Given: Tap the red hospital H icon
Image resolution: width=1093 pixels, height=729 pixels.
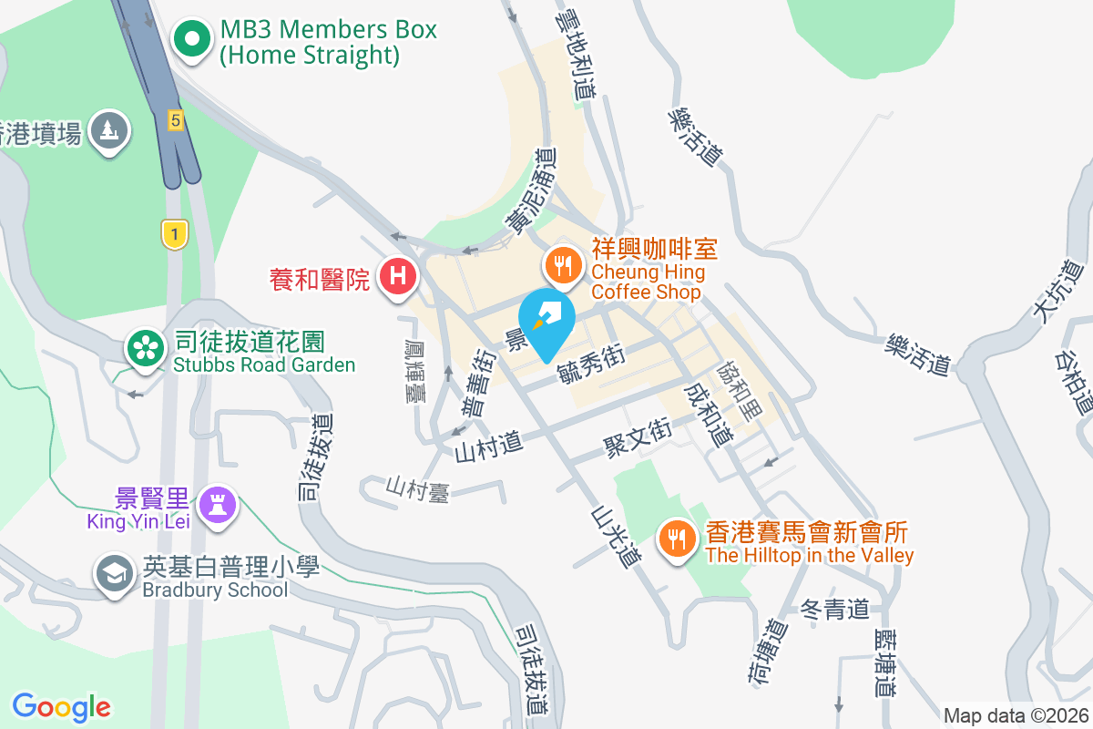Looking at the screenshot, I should pyautogui.click(x=398, y=275).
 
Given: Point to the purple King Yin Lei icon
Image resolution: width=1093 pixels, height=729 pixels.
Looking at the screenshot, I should pyautogui.click(x=218, y=503).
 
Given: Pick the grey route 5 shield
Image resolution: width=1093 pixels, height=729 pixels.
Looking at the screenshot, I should pyautogui.click(x=176, y=118).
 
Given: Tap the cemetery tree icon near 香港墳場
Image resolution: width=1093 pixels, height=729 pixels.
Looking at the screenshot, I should pyautogui.click(x=109, y=130).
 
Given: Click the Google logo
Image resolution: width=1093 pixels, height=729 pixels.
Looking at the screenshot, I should pyautogui.click(x=61, y=707).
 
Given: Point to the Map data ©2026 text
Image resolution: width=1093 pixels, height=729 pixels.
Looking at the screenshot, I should pyautogui.click(x=1016, y=715).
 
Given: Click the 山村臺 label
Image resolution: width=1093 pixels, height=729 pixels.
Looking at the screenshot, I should pyautogui.click(x=417, y=488).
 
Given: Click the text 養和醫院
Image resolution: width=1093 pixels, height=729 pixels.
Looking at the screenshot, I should pyautogui.click(x=321, y=279).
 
